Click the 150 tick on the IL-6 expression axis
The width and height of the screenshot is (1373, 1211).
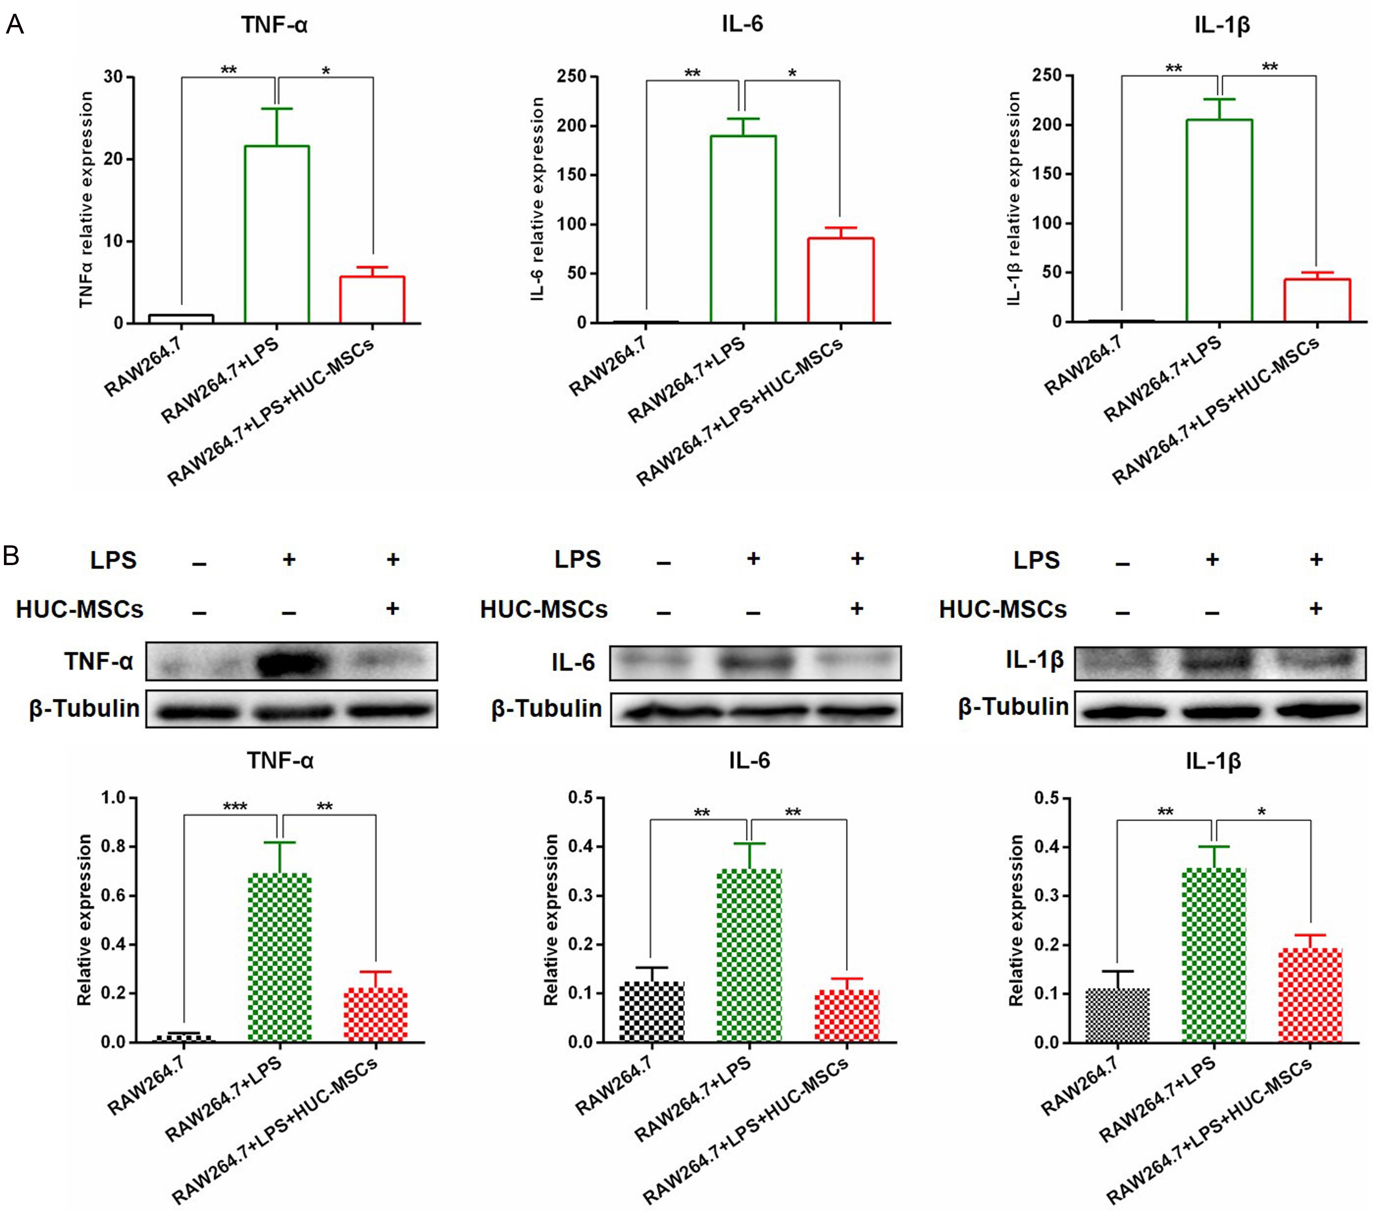tap(572, 175)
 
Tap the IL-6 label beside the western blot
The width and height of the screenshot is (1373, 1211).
tap(573, 663)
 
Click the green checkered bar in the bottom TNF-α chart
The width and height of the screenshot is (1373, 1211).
tap(280, 957)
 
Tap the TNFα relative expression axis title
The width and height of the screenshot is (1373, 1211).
tap(86, 200)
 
